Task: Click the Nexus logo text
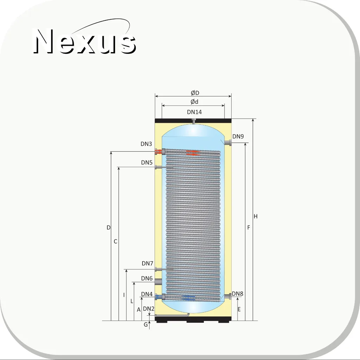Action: tap(84, 41)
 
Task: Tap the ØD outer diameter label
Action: tap(195, 93)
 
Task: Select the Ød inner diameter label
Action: tap(195, 101)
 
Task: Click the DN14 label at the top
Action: tap(194, 112)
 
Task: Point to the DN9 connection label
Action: tap(238, 137)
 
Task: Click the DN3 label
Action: tap(146, 144)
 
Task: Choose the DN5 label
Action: tap(147, 163)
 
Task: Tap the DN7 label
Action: tap(147, 263)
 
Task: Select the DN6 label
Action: tap(147, 278)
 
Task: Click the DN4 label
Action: tap(147, 294)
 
